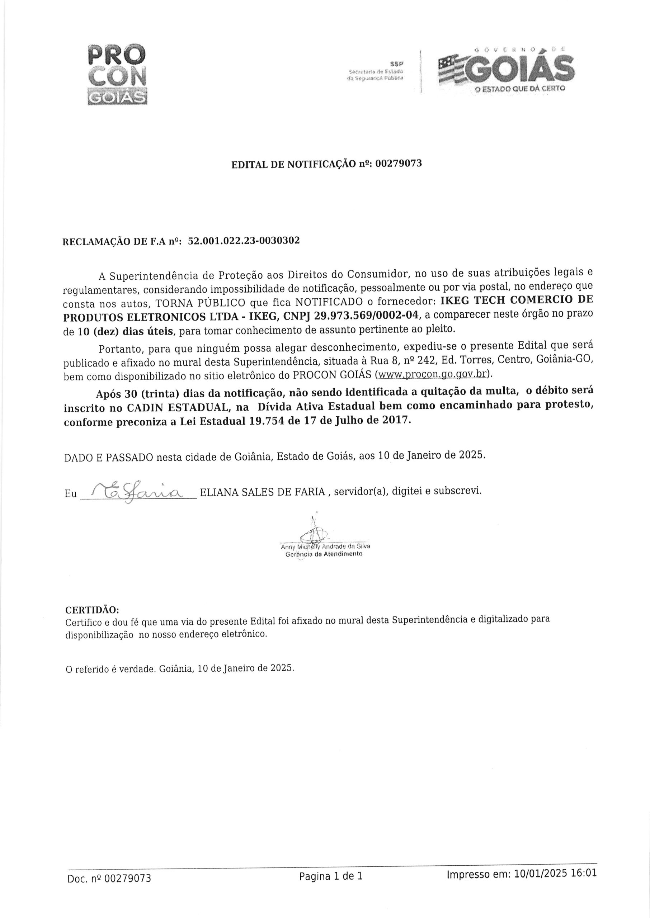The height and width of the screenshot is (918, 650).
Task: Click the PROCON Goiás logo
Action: click(x=117, y=74)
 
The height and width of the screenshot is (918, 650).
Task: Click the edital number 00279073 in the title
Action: click(x=398, y=164)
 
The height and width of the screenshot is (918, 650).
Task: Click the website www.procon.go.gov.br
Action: click(x=433, y=375)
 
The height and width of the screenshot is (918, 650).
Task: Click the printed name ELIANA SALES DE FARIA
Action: click(x=262, y=492)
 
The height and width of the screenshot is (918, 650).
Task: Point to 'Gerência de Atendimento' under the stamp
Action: click(x=324, y=554)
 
